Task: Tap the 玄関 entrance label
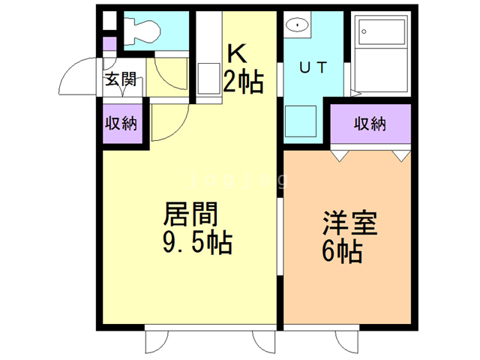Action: (x=120, y=79)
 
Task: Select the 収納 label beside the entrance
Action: (x=120, y=123)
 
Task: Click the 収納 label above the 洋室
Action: (x=370, y=124)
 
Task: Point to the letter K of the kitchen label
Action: (x=236, y=53)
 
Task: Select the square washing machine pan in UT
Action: (x=302, y=121)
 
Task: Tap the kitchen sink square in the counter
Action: (x=206, y=79)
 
